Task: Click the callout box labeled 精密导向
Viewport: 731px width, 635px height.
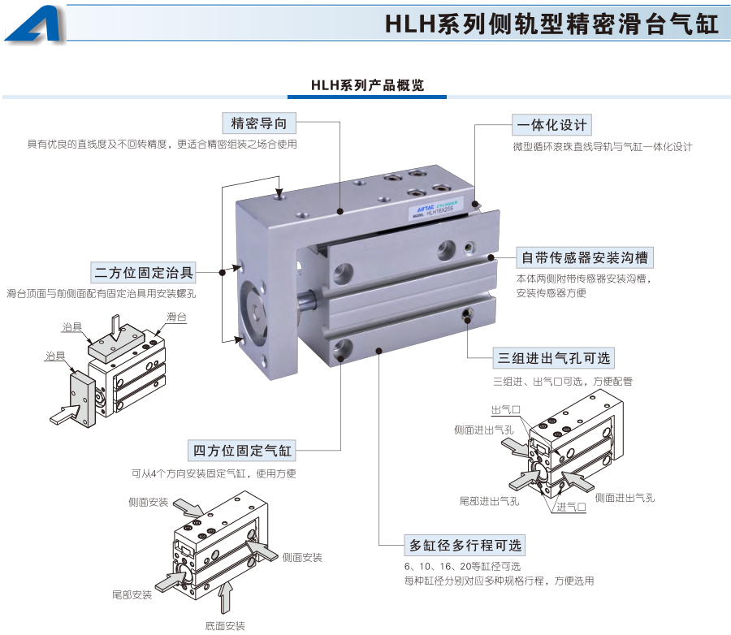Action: (x=259, y=123)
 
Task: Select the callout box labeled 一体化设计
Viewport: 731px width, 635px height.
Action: (x=551, y=125)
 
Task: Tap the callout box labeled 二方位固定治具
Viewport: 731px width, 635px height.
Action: (x=144, y=271)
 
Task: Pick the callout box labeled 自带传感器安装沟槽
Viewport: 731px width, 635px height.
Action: (x=585, y=258)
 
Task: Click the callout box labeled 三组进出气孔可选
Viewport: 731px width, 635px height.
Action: (x=554, y=357)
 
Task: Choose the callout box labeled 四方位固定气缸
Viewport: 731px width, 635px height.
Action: (x=241, y=450)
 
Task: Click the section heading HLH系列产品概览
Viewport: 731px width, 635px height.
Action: (x=367, y=85)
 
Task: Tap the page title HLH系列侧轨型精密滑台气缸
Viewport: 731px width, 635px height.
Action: (x=552, y=24)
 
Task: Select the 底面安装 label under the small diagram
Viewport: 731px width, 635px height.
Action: (x=225, y=625)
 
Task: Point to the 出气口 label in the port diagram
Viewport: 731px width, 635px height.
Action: (x=505, y=410)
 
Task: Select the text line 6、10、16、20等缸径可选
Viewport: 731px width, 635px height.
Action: (x=461, y=566)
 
